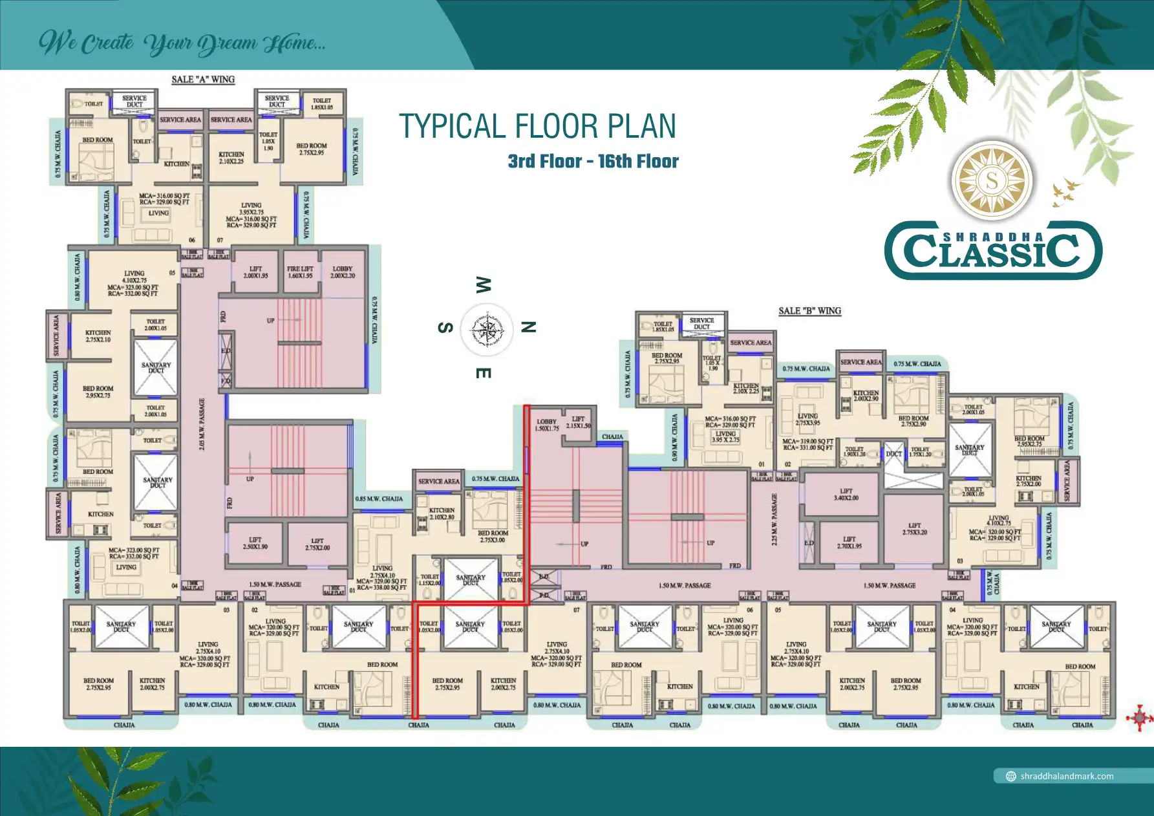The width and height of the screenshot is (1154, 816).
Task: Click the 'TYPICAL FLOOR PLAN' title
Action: click(x=537, y=127)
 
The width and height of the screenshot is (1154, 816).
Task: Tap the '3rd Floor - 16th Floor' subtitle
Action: click(x=593, y=162)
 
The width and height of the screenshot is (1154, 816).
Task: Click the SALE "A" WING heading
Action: click(x=203, y=80)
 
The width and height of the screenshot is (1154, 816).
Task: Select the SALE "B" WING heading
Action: click(x=809, y=311)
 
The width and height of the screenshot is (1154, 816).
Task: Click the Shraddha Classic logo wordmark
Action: click(x=992, y=250)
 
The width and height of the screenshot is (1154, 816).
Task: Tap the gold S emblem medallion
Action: click(x=992, y=180)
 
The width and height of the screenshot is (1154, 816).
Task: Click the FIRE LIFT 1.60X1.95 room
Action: click(x=300, y=272)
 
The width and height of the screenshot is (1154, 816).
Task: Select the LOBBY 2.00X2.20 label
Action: click(x=342, y=272)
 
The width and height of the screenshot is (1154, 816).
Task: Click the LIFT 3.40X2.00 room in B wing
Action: click(x=846, y=495)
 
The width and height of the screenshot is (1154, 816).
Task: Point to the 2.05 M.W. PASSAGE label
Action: click(x=202, y=424)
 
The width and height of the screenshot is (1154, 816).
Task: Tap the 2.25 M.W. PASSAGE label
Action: click(x=775, y=519)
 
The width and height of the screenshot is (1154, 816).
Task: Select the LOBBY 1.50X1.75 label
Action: click(x=546, y=425)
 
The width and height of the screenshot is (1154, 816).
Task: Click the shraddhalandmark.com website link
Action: click(x=1066, y=776)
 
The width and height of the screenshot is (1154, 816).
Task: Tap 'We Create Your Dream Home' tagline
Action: click(x=182, y=43)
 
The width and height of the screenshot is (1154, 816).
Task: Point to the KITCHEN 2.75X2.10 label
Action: click(x=98, y=336)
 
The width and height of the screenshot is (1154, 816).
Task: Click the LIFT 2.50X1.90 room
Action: click(x=255, y=543)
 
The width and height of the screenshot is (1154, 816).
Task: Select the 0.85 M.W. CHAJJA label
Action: click(x=379, y=499)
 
